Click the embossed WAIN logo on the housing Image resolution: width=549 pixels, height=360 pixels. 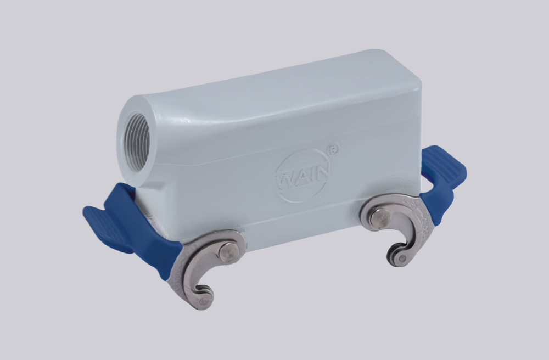302,175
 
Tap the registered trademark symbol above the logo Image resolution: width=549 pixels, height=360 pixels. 333,148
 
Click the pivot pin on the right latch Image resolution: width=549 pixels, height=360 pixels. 379,217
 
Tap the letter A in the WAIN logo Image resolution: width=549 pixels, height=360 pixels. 301,175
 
